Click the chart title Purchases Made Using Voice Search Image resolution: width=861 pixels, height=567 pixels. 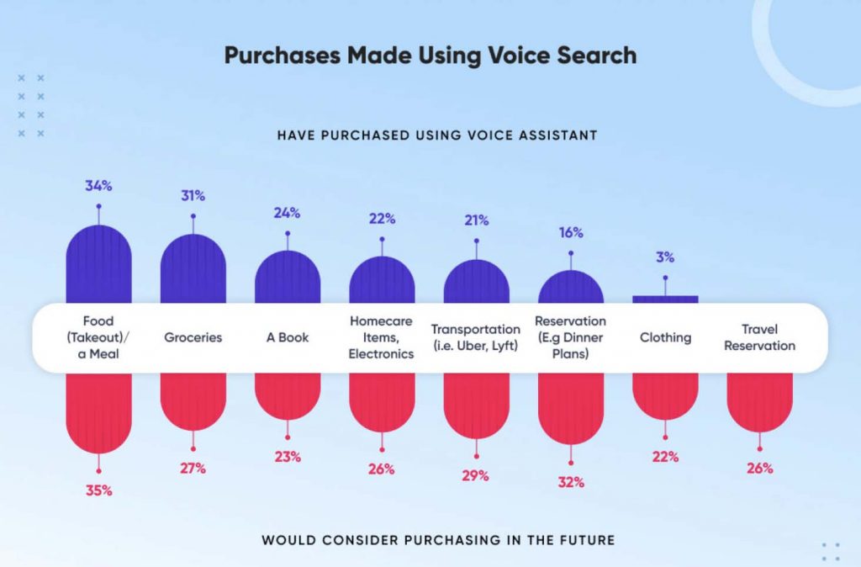[430, 56]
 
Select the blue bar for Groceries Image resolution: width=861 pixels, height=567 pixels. [193, 269]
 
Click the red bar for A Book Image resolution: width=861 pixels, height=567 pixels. [288, 395]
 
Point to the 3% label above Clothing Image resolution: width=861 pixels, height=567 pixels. [665, 258]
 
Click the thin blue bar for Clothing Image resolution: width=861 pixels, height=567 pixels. [665, 299]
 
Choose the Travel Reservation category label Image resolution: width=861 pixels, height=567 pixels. [759, 337]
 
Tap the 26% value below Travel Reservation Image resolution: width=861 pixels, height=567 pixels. [759, 469]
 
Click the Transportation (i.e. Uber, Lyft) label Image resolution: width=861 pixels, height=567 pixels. [476, 337]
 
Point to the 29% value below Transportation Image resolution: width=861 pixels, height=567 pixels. [476, 476]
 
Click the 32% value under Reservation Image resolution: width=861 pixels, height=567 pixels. [570, 483]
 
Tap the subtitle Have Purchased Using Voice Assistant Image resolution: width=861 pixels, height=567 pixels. [437, 135]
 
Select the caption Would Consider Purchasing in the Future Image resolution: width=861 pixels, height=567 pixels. [438, 540]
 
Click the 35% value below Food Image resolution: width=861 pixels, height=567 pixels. [98, 490]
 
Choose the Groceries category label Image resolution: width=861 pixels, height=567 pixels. [193, 337]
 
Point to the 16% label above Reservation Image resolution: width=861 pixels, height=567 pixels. [570, 233]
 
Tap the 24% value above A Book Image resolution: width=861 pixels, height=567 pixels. [287, 213]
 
